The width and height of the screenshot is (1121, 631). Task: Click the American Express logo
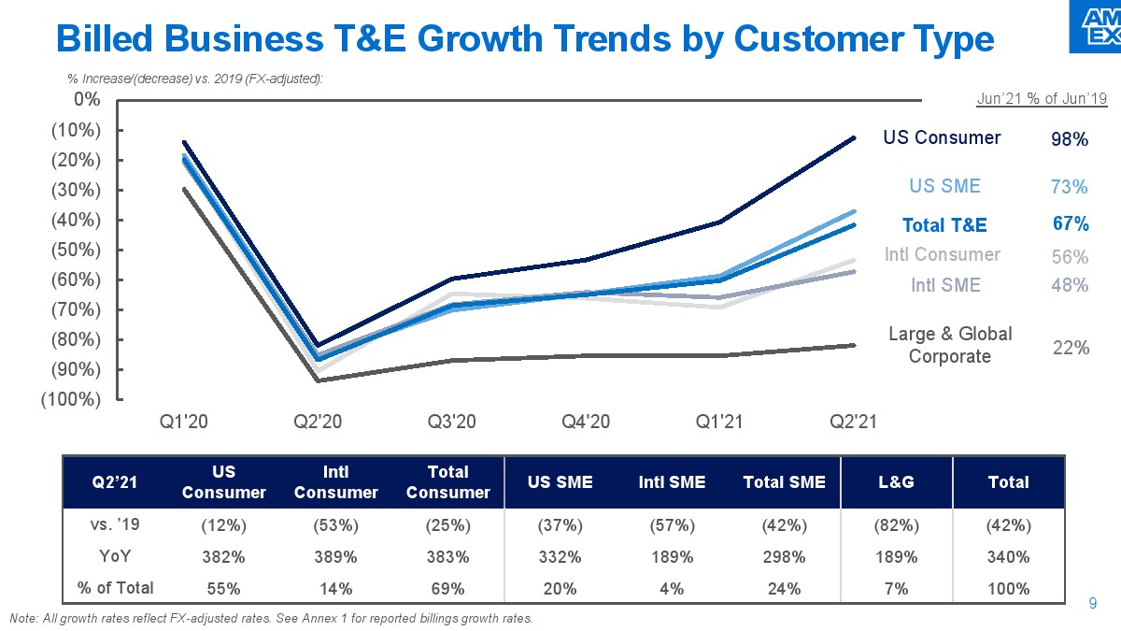pos(1096,25)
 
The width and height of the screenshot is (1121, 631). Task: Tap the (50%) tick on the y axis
pos(74,250)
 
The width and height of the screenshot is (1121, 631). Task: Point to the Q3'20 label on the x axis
pos(452,422)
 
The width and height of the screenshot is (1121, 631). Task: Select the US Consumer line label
pos(942,138)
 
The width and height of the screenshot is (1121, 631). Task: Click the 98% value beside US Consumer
pos(1070,139)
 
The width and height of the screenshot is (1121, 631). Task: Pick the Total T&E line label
pos(944,225)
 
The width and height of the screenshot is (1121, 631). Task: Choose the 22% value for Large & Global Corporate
pos(1070,348)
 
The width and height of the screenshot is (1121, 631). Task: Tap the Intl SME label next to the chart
pos(945,285)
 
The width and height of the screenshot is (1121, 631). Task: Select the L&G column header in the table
pos(897,482)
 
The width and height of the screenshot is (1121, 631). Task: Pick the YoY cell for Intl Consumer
pos(335,557)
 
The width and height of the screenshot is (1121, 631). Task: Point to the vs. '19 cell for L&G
pos(897,524)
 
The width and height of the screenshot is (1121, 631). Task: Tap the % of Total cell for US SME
pos(560,589)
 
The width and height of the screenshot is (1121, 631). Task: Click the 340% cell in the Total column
pos(1009,557)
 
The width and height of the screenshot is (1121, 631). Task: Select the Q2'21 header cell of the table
pos(115,482)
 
